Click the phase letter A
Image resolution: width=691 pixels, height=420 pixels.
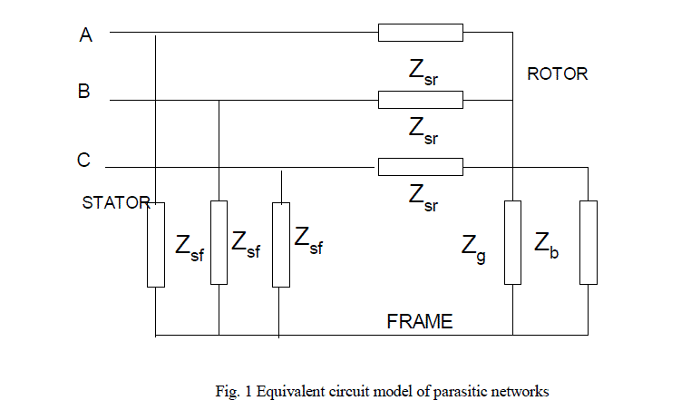pos(86,35)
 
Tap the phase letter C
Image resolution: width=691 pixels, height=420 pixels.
pos(83,161)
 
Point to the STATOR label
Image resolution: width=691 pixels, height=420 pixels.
pos(115,202)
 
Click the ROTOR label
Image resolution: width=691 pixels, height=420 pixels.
pos(557,74)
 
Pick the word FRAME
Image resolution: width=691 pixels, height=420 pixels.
pos(419,321)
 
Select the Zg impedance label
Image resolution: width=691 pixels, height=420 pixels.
pos(473,245)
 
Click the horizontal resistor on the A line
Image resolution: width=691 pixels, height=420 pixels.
pos(421,33)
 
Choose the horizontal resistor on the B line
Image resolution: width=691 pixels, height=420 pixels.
pos(421,100)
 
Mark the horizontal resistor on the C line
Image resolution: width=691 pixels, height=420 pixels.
pos(420,167)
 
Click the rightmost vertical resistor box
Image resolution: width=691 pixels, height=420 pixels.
pos(589,242)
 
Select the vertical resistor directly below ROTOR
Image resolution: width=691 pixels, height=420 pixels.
pos(513,242)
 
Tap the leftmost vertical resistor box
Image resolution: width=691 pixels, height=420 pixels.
pos(156,245)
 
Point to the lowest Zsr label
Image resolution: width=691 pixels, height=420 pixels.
pos(423,197)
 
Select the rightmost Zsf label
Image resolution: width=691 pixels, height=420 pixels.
pos(308,239)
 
